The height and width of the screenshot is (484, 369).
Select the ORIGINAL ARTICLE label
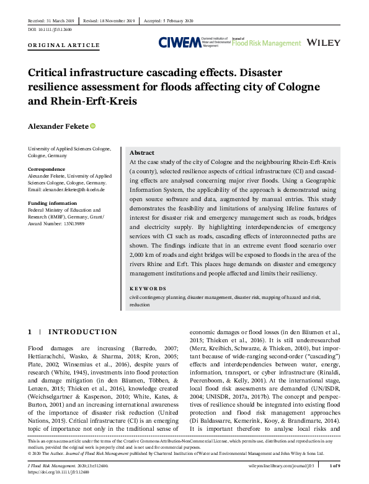tap(63, 46)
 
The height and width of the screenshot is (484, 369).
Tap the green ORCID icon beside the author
tap(93, 126)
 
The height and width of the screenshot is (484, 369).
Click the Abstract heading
tap(142, 153)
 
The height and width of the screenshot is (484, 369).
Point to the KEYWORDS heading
tap(148, 288)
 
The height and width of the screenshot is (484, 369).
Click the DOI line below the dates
tap(51, 30)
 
